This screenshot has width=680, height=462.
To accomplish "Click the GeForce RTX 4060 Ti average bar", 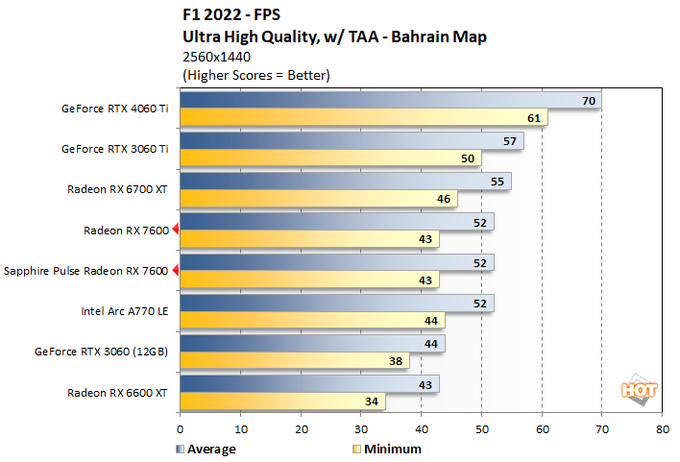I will point(389,101).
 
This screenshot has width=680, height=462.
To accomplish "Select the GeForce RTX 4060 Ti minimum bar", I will point(363,118).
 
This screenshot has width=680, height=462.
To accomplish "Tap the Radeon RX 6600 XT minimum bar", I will point(282,401).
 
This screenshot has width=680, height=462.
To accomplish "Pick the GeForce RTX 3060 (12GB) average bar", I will point(311,343).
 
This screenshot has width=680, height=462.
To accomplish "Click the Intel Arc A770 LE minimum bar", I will point(311,320).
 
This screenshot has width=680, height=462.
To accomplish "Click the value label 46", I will point(445,199).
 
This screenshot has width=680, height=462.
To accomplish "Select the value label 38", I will point(397,360).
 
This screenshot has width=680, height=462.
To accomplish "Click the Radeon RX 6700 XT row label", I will point(117,190).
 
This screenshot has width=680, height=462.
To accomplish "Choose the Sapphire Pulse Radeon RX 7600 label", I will point(85,271).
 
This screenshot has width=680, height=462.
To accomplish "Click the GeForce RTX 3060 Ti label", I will point(114,150).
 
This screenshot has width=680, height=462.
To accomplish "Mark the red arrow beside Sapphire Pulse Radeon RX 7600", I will point(175,271).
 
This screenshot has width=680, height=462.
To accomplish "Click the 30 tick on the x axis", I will point(360,429).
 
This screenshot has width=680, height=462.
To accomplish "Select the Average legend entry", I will point(206,449).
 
